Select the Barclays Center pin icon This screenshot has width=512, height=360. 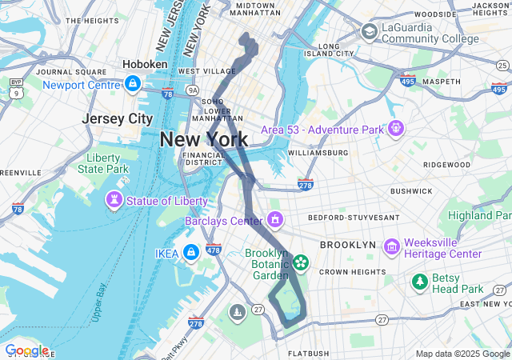pos(275,218)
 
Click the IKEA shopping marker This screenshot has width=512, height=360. pos(190,253)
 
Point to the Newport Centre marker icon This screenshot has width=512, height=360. pos(133,83)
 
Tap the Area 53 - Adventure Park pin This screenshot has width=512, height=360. pos(395,127)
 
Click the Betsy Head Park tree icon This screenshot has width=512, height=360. pos(418,282)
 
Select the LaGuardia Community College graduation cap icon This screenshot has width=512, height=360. pos(369,31)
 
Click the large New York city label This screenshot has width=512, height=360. pos(204,139)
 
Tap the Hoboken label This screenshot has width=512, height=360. pos(145,64)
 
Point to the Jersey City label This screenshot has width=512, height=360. pos(117,118)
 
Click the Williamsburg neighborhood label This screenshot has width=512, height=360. pos(318,152)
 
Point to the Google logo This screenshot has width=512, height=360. pos(26,350)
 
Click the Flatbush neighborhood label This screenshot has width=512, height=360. pos(308,353)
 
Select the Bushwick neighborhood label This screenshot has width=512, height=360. pos(411,191)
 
